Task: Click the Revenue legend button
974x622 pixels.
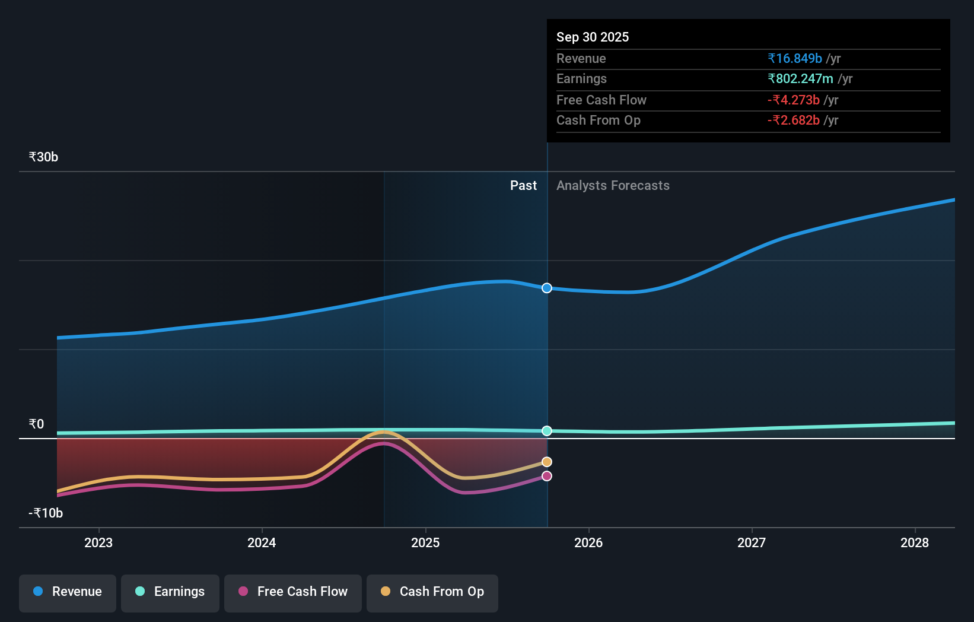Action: (68, 592)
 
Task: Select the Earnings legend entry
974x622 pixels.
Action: (170, 592)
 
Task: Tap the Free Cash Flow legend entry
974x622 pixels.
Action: (293, 592)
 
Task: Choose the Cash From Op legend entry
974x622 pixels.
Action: (432, 592)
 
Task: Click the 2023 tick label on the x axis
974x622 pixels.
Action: (98, 542)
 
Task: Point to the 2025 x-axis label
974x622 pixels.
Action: (425, 542)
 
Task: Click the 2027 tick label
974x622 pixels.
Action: (752, 542)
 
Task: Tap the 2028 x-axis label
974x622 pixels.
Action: (915, 542)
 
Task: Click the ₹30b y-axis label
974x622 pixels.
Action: (43, 157)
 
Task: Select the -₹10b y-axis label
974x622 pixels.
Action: (46, 513)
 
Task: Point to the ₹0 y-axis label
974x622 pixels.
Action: (36, 424)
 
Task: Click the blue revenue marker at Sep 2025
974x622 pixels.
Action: (547, 288)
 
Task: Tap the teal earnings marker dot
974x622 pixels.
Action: (547, 431)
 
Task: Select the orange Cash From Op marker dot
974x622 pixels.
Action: (547, 462)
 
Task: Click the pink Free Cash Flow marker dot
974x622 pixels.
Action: (547, 476)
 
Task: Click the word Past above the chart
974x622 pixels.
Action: (523, 186)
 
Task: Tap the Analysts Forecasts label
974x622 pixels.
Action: (613, 186)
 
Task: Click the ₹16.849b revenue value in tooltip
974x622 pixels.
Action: (794, 58)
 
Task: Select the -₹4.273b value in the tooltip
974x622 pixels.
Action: (793, 100)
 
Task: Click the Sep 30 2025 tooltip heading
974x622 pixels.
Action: (593, 37)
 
